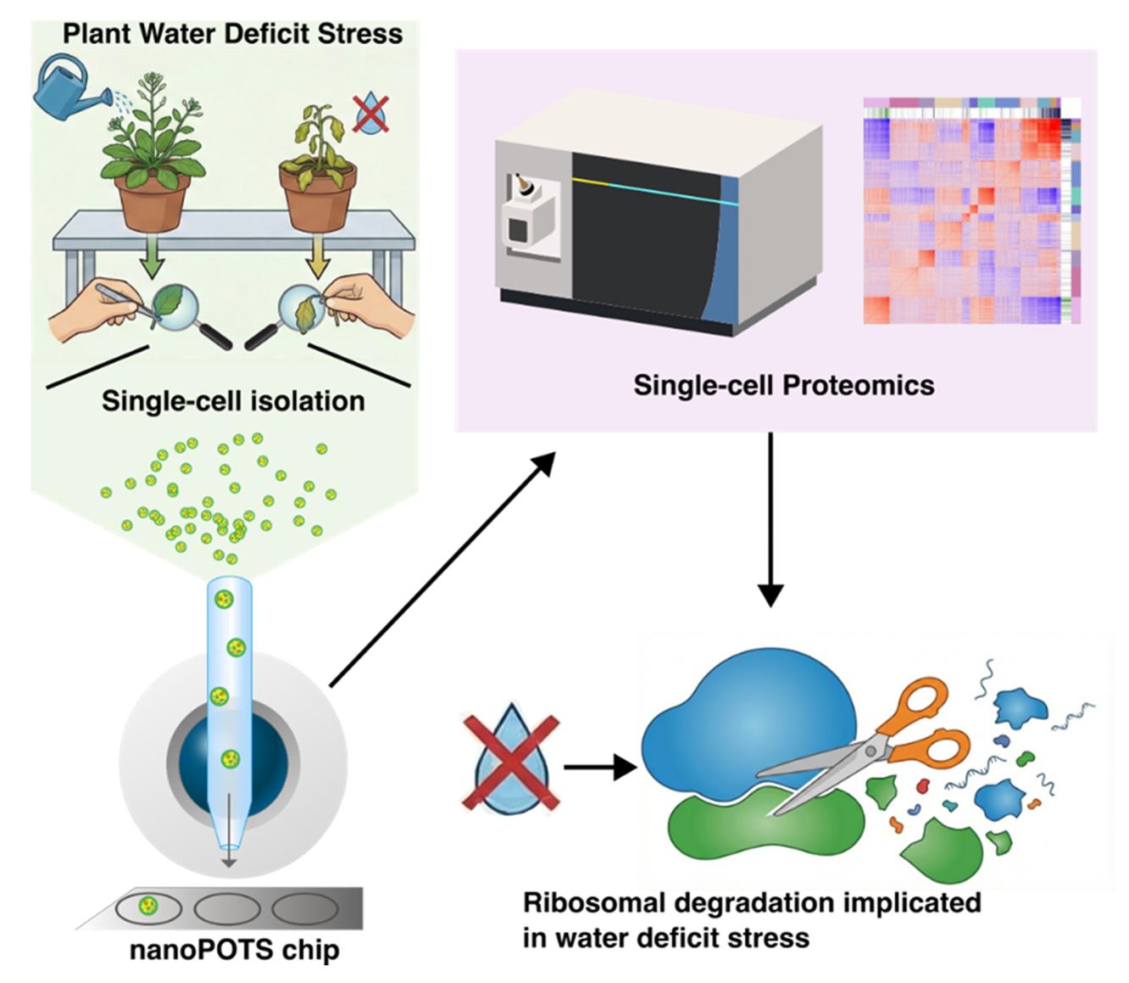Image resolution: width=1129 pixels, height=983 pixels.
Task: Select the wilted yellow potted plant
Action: pos(318,170)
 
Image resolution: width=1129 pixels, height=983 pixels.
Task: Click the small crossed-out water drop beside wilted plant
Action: pos(371,114)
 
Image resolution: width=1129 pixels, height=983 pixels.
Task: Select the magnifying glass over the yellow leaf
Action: pos(301,309)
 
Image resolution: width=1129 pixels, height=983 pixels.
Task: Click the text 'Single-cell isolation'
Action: pos(233,400)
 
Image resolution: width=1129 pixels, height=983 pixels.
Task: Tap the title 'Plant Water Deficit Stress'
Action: pos(232,34)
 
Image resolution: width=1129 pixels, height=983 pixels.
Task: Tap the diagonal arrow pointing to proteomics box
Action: pos(442,569)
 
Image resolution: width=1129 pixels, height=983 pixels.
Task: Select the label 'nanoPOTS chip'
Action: pos(234,950)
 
